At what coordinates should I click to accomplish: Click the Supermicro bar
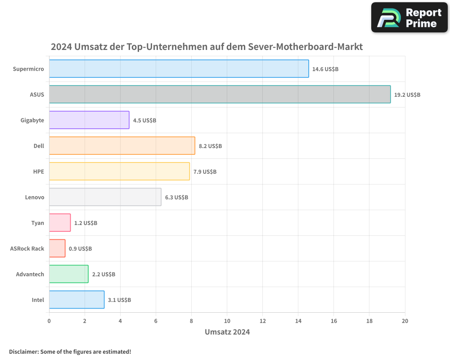[x=179, y=69]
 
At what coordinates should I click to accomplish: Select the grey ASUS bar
[x=220, y=94]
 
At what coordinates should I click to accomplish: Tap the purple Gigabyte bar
[x=89, y=120]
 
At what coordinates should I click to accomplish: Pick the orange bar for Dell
[x=122, y=146]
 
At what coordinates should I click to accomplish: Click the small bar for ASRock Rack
[x=57, y=248]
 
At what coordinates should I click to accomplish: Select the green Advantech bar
[x=68, y=274]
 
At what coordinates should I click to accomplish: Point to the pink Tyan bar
[x=60, y=223]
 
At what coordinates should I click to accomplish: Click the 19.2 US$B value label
[x=407, y=95]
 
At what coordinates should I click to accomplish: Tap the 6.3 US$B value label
[x=176, y=198]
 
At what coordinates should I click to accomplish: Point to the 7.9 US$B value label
[x=205, y=172]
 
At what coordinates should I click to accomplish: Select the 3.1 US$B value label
[x=119, y=300]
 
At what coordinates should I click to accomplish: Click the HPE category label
[x=39, y=171]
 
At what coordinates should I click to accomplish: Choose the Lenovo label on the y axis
[x=35, y=197]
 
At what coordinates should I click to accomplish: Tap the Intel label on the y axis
[x=38, y=300]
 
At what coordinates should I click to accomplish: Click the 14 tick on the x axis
[x=298, y=321]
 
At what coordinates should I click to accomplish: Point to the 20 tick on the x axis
[x=405, y=321]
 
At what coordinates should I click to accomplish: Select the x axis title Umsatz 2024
[x=227, y=332]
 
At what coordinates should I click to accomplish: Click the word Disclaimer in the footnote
[x=23, y=351]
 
